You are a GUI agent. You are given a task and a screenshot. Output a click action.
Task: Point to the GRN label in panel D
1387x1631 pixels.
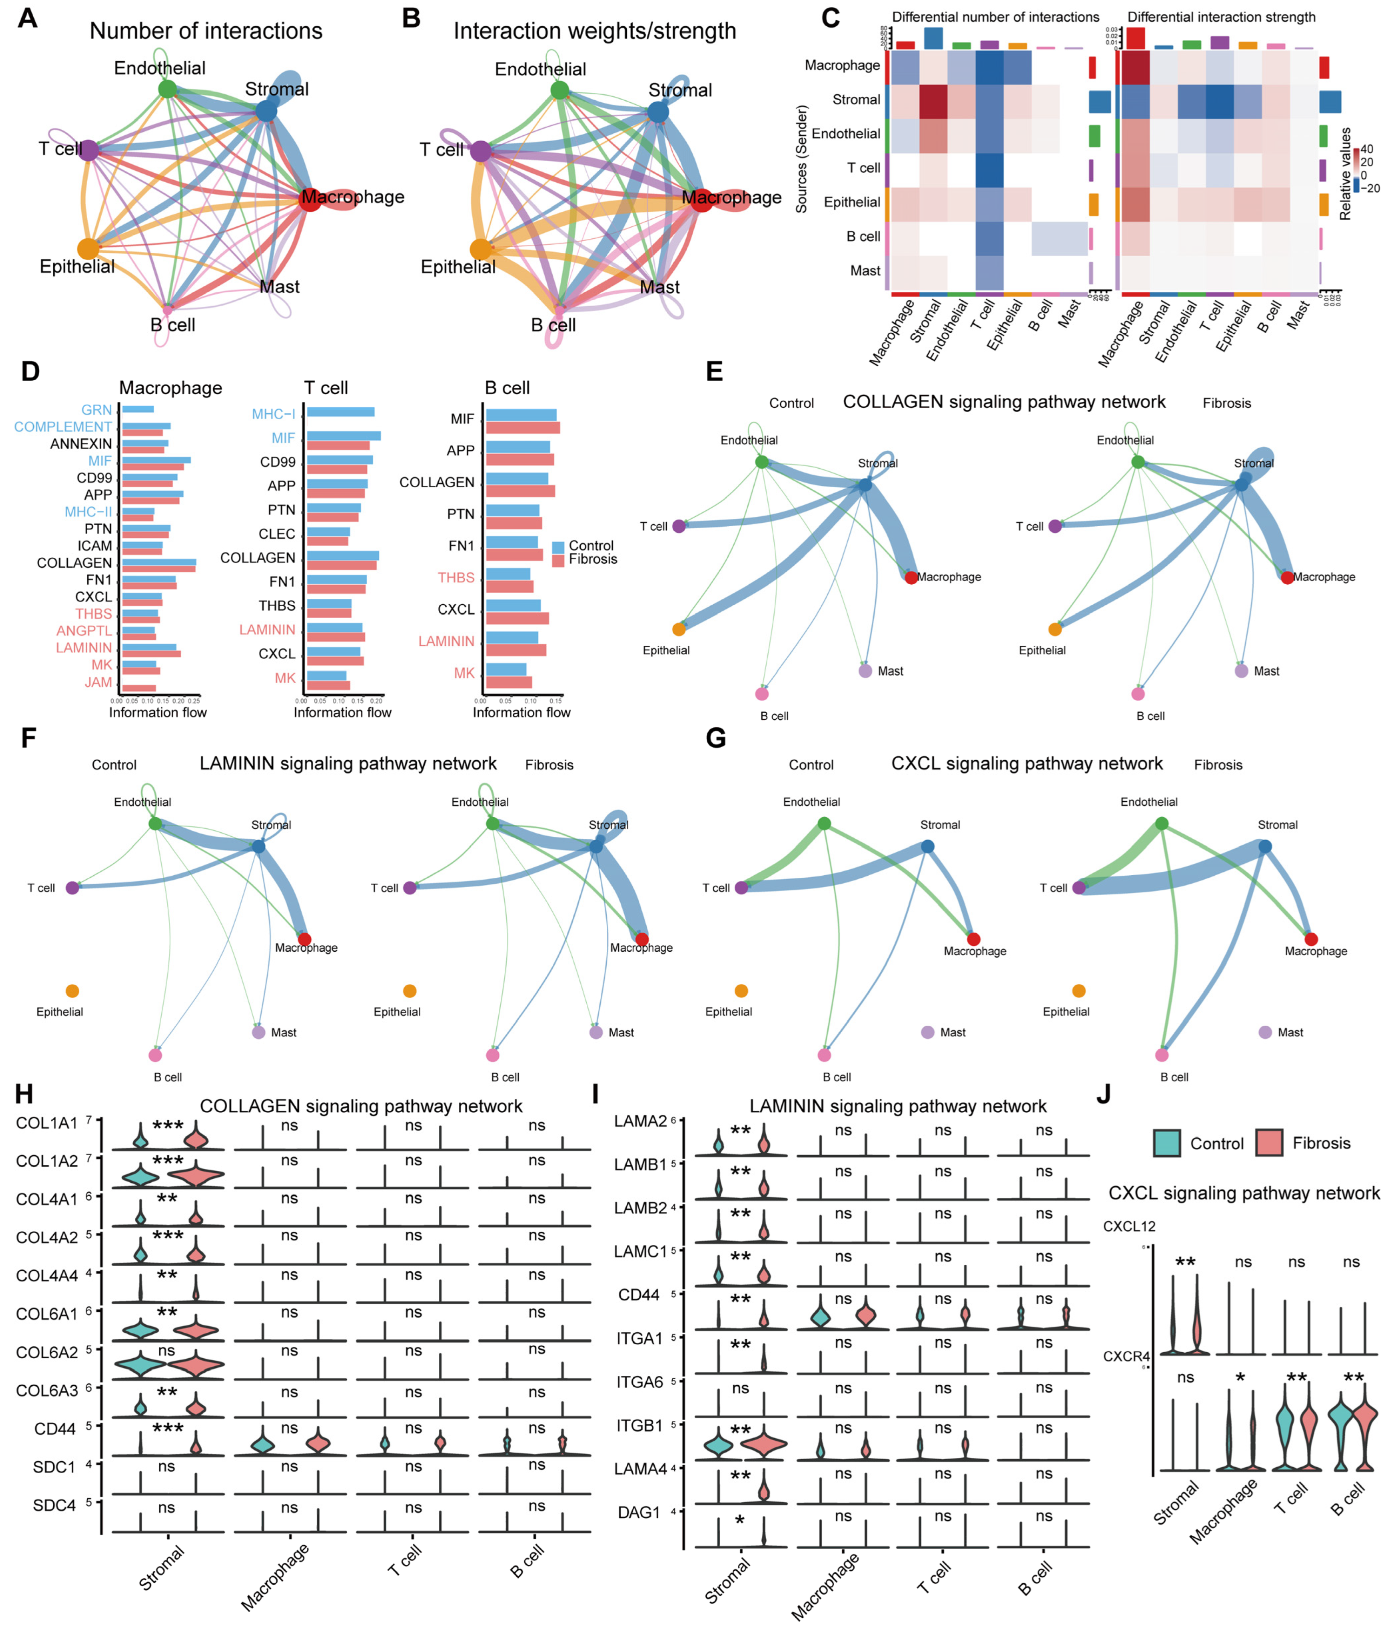click(x=97, y=409)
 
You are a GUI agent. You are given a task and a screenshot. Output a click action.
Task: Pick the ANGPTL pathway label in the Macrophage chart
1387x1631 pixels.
click(x=84, y=630)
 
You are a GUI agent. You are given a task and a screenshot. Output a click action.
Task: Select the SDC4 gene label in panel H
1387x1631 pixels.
click(x=54, y=1505)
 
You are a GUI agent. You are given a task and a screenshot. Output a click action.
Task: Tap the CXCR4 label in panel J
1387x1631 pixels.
click(x=1126, y=1356)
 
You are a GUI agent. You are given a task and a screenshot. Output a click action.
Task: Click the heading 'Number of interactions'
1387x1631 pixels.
click(x=206, y=30)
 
